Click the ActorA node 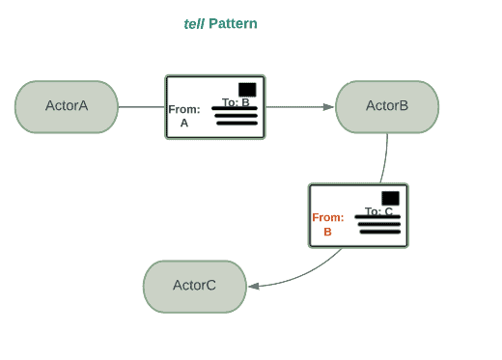[x=67, y=106]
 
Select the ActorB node [x=387, y=106]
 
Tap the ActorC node [x=195, y=286]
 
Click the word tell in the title [x=193, y=23]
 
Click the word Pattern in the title [x=233, y=23]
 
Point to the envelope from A [x=215, y=107]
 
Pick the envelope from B [x=358, y=215]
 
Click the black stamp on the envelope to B [x=247, y=89]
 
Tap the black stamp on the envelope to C [x=390, y=198]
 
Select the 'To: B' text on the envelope [x=236, y=102]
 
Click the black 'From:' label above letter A [x=183, y=109]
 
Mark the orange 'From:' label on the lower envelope [x=327, y=217]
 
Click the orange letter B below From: [x=327, y=232]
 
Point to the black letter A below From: [x=183, y=123]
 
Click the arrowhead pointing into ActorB [x=329, y=106]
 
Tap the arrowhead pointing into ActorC [x=253, y=286]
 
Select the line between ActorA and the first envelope [x=141, y=106]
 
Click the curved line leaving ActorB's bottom [x=385, y=159]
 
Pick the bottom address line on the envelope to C [x=379, y=232]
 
